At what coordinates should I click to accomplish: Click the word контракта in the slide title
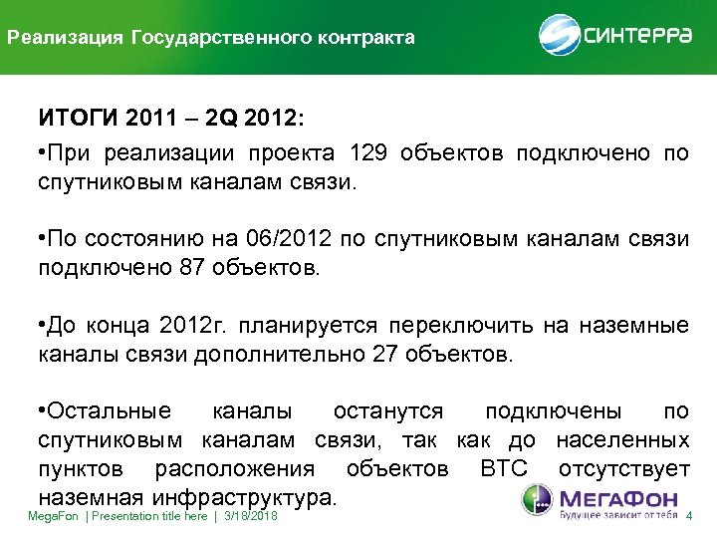[364, 39]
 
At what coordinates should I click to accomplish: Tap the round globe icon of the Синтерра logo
[559, 36]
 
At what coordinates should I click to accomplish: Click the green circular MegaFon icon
[534, 501]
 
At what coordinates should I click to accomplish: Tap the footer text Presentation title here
[150, 516]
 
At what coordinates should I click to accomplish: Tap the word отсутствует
[624, 468]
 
